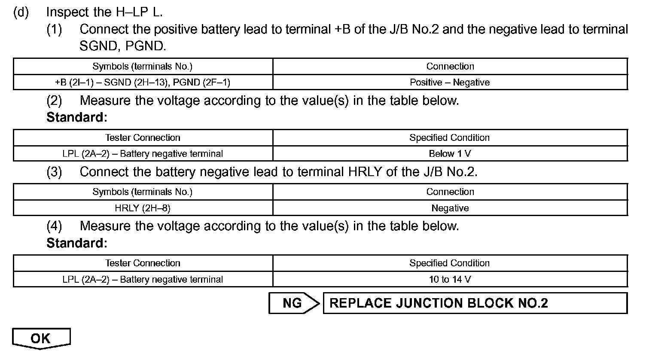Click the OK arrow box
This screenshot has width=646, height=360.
(41, 338)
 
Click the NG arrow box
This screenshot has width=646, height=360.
(293, 303)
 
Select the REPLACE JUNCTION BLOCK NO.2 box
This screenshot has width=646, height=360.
(475, 303)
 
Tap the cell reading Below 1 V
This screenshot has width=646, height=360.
(450, 153)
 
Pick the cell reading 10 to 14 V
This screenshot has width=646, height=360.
(450, 279)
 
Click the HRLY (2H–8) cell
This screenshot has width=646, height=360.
(143, 208)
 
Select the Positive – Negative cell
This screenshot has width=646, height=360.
(450, 82)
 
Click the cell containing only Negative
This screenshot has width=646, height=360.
(450, 208)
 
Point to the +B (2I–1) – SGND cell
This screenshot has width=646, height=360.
(143, 82)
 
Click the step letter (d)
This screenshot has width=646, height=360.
(21, 12)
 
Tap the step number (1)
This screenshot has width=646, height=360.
(55, 29)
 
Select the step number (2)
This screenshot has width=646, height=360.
(55, 101)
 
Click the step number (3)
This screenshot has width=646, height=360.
(55, 172)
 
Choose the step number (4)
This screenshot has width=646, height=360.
(55, 226)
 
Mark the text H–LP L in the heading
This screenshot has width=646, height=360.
(139, 12)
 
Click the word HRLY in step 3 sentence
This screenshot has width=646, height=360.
(365, 172)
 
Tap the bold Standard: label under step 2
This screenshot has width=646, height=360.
(76, 117)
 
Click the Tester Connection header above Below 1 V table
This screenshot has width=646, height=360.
(143, 137)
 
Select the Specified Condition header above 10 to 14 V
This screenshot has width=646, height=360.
(450, 263)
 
